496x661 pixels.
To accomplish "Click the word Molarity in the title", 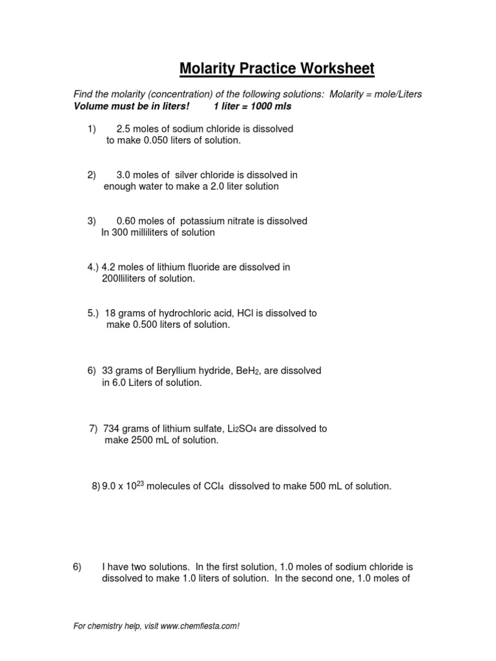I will [206, 68].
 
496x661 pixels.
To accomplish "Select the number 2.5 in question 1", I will [124, 129].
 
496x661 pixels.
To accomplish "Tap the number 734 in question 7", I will [112, 429].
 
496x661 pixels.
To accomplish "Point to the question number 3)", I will [92, 221].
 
